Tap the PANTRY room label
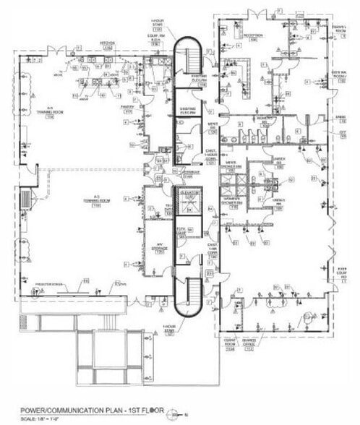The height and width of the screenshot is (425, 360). tap(128, 111)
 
